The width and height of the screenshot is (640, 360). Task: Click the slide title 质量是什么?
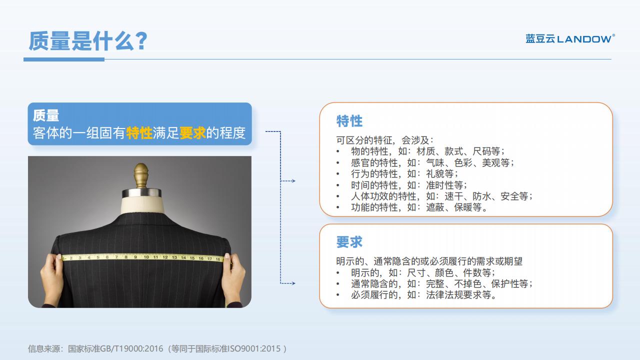[x=88, y=41]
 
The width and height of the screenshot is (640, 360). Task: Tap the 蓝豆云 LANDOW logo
[x=570, y=38]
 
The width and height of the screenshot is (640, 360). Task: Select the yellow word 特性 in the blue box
[x=139, y=133]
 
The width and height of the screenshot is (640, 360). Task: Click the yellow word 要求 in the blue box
[x=192, y=133]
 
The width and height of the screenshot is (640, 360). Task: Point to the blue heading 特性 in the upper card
[x=349, y=121]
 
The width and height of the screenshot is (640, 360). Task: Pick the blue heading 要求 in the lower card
[x=349, y=242]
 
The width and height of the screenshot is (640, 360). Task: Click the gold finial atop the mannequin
[x=141, y=175]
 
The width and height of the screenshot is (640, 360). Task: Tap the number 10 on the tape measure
[x=146, y=257]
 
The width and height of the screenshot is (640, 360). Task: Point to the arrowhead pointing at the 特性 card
[x=293, y=181]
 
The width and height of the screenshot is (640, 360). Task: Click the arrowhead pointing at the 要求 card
[x=293, y=283]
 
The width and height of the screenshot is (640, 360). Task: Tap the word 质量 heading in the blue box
[x=46, y=115]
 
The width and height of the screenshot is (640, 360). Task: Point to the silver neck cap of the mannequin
[x=141, y=193]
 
